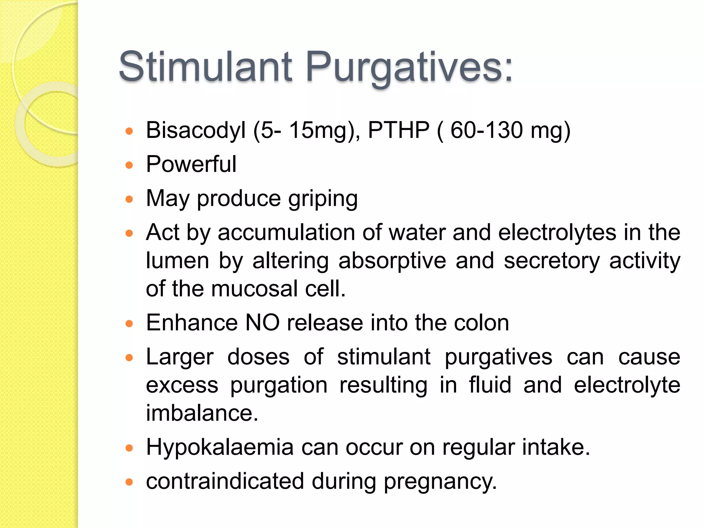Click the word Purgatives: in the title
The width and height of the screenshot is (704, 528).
point(409,67)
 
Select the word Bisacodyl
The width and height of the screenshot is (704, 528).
point(196,131)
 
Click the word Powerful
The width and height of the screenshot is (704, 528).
point(191,164)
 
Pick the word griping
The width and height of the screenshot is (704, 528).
point(323,199)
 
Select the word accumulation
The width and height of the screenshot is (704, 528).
point(286,232)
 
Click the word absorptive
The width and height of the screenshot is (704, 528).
point(392,261)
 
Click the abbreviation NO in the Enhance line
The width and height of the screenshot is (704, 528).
point(262,323)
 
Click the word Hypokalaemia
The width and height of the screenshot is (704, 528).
point(220,447)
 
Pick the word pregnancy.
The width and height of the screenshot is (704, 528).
point(440,482)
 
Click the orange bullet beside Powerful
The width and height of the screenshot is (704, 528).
point(129,165)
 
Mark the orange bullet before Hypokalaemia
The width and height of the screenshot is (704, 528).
point(129,448)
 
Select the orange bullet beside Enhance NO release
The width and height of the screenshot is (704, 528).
point(129,324)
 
